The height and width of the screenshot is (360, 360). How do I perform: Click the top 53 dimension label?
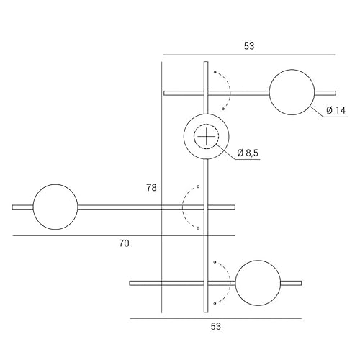pyautogui.click(x=249, y=46)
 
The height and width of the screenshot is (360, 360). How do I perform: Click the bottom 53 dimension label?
pyautogui.click(x=215, y=326)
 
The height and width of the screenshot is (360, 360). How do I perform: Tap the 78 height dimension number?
pyautogui.click(x=151, y=187)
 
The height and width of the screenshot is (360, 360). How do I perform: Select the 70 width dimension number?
pyautogui.click(x=124, y=244)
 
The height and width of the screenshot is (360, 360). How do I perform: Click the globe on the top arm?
pyautogui.click(x=292, y=92)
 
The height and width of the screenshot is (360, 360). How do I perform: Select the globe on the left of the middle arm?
pyautogui.click(x=55, y=207)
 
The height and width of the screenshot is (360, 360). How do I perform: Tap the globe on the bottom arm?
pyautogui.click(x=257, y=283)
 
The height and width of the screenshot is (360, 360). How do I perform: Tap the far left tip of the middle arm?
pyautogui.click(x=14, y=207)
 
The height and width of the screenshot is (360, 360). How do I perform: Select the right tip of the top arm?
pyautogui.click(x=335, y=93)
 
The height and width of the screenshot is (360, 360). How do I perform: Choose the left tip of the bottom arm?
pyautogui.click(x=131, y=283)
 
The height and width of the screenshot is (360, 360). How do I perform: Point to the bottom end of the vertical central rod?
pyautogui.click(x=207, y=311)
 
